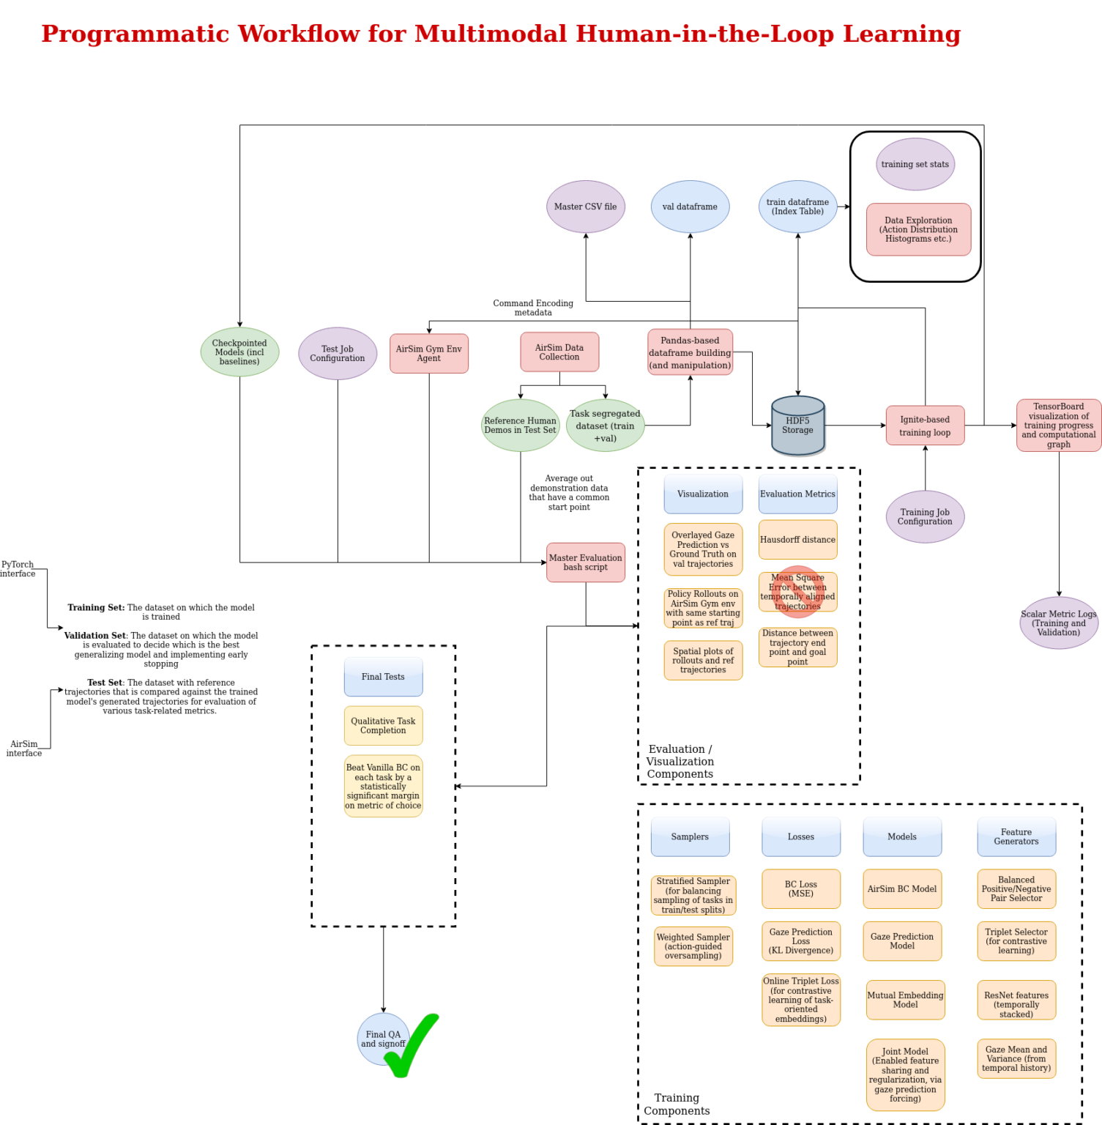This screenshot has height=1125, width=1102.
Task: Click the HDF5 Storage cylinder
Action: pyautogui.click(x=797, y=426)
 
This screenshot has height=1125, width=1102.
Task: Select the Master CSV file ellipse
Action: pyautogui.click(x=585, y=207)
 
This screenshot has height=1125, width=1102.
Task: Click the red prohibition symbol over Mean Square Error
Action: pyautogui.click(x=798, y=592)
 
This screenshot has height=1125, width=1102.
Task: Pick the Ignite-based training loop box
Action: pyautogui.click(x=925, y=426)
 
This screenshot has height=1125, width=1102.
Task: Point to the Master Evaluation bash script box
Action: pyautogui.click(x=585, y=562)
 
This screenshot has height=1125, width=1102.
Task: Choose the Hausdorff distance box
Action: pyautogui.click(x=797, y=540)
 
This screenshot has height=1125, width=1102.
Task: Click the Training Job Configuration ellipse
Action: pyautogui.click(x=925, y=517)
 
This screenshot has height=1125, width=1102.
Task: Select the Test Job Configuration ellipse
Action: pyautogui.click(x=337, y=354)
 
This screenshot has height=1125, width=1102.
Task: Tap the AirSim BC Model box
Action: pyautogui.click(x=901, y=889)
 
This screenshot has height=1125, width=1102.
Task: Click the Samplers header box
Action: pyautogui.click(x=690, y=836)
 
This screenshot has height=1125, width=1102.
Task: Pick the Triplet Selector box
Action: pyautogui.click(x=1016, y=941)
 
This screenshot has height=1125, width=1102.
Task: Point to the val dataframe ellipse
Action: pyautogui.click(x=690, y=207)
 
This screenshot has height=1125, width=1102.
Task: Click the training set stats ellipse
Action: pyautogui.click(x=915, y=164)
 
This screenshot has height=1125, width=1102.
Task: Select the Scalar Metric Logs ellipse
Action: pyautogui.click(x=1058, y=623)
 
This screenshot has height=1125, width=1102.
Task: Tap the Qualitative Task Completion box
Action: pyautogui.click(x=383, y=726)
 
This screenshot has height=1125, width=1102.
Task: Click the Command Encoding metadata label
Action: pyautogui.click(x=533, y=308)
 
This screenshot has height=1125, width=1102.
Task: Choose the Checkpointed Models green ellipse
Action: pyautogui.click(x=239, y=352)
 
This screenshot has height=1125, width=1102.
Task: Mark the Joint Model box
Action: pyautogui.click(x=905, y=1074)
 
